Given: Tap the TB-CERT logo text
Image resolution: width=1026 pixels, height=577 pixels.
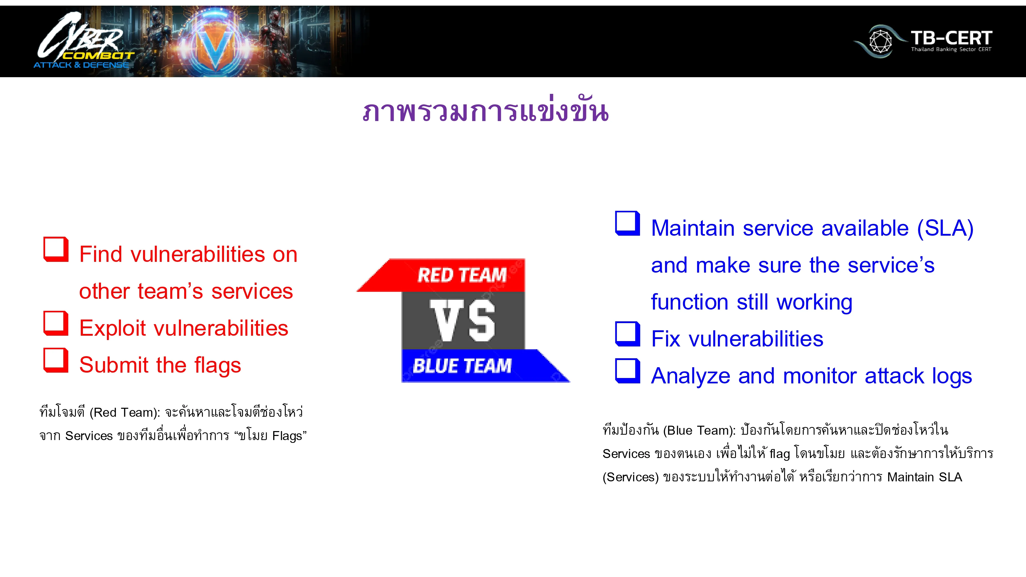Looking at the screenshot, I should pos(951,39).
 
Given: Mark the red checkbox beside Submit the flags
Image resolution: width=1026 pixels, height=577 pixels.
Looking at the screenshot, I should pos(56,360).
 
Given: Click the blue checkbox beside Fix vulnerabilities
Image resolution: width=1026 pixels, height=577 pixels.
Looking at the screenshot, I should pos(627,334).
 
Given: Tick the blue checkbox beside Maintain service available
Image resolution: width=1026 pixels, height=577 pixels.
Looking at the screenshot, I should pos(627,223).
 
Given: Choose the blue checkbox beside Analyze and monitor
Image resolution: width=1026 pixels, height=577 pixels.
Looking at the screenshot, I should pos(627,371).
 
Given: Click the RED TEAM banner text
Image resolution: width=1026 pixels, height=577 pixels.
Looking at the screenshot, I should pos(462,275).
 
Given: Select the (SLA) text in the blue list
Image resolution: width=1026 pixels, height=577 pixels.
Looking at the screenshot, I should pos(945,228).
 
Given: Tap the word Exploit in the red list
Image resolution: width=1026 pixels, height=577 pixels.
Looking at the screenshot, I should pos(112,328).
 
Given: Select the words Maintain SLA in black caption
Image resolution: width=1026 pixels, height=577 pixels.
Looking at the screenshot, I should pos(924,477).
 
